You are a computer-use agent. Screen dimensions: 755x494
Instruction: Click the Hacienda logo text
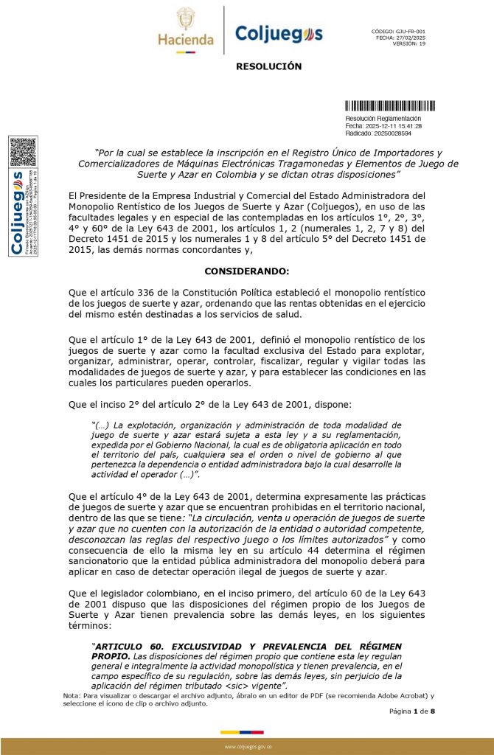click(x=185, y=40)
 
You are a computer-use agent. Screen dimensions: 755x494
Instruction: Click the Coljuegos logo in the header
click(x=278, y=33)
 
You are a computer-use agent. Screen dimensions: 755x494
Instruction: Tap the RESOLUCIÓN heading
click(x=268, y=66)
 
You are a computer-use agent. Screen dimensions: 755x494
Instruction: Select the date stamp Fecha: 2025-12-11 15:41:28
click(x=383, y=126)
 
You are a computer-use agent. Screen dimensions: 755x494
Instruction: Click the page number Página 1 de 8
click(x=413, y=711)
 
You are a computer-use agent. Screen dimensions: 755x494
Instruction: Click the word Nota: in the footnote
click(x=72, y=695)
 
